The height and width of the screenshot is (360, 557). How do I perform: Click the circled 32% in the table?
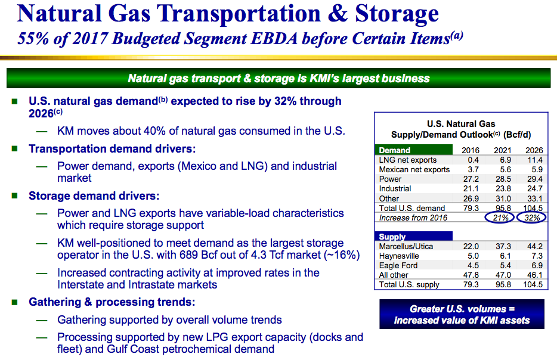click(532, 218)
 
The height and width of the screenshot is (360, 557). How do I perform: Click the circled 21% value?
click(500, 218)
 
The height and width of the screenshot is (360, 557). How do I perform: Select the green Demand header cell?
click(414, 150)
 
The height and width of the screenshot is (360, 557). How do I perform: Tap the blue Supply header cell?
click(414, 237)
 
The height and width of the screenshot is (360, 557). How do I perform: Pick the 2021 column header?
click(502, 150)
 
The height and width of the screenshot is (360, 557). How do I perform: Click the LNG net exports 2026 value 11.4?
click(534, 160)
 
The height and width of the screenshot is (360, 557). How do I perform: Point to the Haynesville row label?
click(399, 256)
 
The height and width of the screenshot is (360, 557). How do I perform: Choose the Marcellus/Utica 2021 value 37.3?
click(503, 246)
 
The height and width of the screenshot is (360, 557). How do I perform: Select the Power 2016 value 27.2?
click(471, 179)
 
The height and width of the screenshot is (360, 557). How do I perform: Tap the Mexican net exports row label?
click(414, 170)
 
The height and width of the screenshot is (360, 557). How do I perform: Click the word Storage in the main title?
click(397, 14)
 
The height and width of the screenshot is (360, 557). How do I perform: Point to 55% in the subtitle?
click(33, 39)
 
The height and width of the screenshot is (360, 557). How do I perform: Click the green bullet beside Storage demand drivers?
click(14, 195)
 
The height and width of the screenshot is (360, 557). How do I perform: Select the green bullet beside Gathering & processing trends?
click(14, 302)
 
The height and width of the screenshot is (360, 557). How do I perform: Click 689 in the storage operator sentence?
click(188, 255)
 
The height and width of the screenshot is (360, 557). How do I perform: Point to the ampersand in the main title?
click(338, 14)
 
